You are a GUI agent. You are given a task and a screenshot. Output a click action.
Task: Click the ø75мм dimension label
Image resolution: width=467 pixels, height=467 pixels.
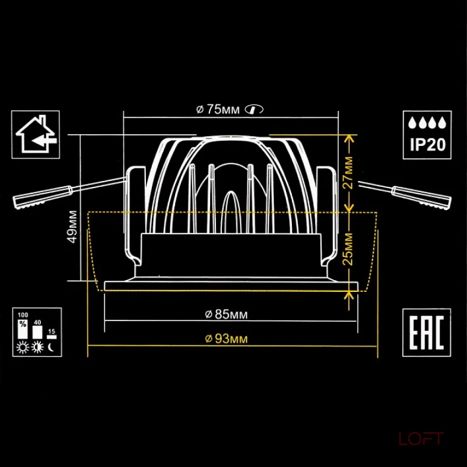pos(218,110)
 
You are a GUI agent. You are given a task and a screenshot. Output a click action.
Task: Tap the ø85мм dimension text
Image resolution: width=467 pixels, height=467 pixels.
pos(226,314)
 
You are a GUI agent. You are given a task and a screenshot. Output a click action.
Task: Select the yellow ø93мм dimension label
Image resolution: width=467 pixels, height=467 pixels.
pos(226,339)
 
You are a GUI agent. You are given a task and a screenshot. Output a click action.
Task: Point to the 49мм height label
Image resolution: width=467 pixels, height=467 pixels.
pos(73,227)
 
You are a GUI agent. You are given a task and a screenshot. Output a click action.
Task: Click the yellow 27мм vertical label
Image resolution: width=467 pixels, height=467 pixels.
pos(348,173)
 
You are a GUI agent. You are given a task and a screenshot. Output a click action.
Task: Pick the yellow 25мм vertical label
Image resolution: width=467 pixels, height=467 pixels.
pos(348,249)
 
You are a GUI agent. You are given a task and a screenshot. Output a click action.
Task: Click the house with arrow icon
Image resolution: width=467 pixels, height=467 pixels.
pos(36,134)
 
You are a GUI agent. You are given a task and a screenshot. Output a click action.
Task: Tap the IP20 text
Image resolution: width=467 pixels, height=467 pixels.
pos(428,144)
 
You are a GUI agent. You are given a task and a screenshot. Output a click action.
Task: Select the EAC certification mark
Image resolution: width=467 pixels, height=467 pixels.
pos(427,332)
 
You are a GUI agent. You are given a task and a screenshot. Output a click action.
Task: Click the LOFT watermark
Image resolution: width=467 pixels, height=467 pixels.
pos(421,439)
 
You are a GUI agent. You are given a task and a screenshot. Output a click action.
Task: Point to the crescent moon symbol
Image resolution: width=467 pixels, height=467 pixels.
pos(51,347)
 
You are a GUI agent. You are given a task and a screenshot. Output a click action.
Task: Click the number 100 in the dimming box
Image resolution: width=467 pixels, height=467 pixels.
pos(23,315)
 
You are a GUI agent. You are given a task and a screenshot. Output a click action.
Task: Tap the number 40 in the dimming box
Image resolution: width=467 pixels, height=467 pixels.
pos(37,322)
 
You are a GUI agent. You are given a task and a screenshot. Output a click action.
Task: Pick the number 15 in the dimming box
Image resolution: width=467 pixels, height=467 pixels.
pos(51,331)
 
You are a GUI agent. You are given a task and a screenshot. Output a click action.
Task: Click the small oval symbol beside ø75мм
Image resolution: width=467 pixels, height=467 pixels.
pos(254,109)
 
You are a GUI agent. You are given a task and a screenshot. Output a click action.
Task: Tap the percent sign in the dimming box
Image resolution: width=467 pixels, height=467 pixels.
pos(23,324)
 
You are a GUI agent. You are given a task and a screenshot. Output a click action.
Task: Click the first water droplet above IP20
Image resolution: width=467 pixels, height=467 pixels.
pos(412,123)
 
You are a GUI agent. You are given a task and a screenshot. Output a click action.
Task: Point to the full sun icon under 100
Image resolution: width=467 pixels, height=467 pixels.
pos(23,347)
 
